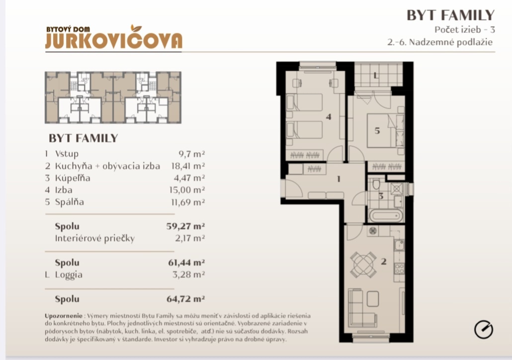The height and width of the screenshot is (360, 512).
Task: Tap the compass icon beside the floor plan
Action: click(x=484, y=329)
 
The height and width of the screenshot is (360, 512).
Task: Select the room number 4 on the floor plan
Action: click(x=329, y=117)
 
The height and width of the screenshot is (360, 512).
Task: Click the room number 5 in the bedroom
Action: click(x=377, y=131)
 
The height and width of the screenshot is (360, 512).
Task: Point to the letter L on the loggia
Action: click(x=376, y=76)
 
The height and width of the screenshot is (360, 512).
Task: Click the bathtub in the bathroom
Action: click(x=386, y=216)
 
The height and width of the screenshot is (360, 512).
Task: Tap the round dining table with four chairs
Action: click(x=363, y=263)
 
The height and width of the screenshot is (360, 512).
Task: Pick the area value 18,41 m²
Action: click(x=188, y=166)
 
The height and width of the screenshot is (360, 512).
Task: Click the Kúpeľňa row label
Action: click(x=73, y=178)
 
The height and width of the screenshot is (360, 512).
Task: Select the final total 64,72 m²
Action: click(x=186, y=299)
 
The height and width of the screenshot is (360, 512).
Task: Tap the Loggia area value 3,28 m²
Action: click(x=189, y=274)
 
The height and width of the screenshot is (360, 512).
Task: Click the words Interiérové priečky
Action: click(x=94, y=239)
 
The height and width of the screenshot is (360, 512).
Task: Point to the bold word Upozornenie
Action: click(x=64, y=316)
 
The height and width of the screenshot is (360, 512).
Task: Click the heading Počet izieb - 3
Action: click(x=465, y=30)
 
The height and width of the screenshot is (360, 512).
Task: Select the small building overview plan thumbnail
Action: click(x=113, y=97)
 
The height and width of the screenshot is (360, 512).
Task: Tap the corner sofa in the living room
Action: click(x=362, y=307)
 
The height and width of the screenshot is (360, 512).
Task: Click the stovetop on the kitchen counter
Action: click(x=399, y=269)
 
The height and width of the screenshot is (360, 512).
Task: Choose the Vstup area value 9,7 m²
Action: click(x=192, y=154)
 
